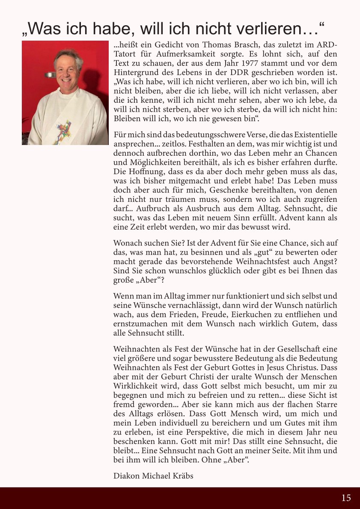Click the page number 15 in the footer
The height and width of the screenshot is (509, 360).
tap(346, 497)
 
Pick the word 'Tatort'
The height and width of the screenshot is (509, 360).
tap(126, 54)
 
